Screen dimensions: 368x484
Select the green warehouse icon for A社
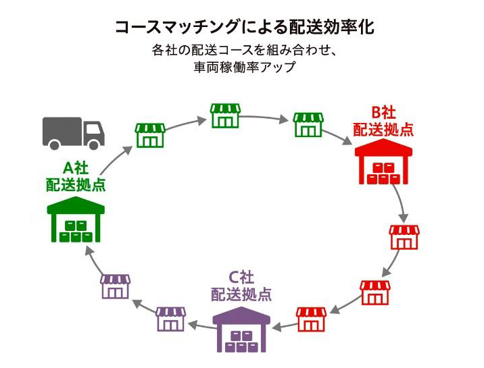(x=76, y=221)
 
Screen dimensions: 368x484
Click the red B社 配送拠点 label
(x=383, y=121)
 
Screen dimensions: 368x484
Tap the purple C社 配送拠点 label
(x=241, y=286)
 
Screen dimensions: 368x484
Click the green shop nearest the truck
(x=150, y=135)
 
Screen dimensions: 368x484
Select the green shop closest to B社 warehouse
(x=308, y=125)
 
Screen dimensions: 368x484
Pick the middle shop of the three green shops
(x=225, y=115)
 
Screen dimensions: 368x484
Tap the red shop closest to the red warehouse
(x=404, y=238)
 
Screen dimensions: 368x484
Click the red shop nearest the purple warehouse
(x=311, y=319)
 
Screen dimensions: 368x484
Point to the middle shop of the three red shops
(x=374, y=292)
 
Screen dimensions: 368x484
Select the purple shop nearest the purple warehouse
(x=170, y=319)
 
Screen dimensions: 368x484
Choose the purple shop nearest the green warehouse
(x=115, y=286)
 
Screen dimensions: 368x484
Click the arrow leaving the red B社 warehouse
(x=400, y=203)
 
